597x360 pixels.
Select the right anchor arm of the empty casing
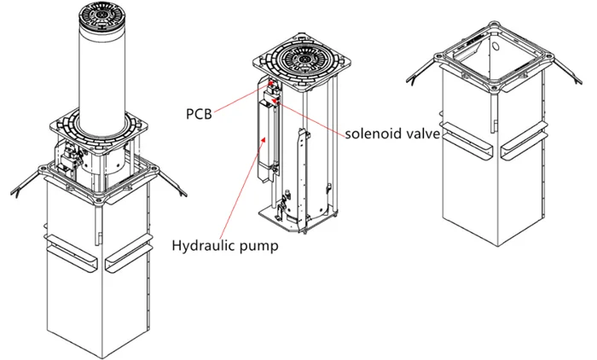[566, 75]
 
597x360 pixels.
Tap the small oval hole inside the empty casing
[497, 38]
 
